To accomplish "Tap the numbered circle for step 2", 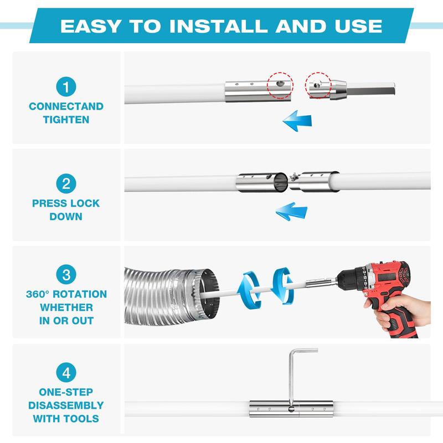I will (x=66, y=183).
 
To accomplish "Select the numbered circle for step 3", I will (x=66, y=274).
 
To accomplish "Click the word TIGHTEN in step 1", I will (x=66, y=120).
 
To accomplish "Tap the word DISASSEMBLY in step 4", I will (x=66, y=405).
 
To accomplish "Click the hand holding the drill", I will (x=410, y=308).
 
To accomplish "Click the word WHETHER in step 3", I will (x=66, y=307).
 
